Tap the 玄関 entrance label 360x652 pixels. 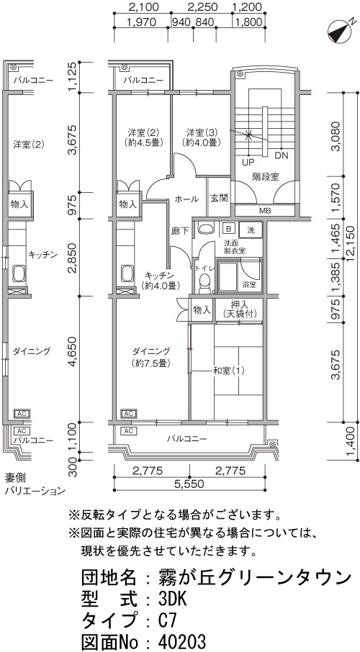218,199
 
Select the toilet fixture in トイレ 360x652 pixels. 204,281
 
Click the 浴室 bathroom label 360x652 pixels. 249,285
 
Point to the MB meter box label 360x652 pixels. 265,211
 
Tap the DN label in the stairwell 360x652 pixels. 282,155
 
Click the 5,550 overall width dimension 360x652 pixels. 189,484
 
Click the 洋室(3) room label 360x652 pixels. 202,133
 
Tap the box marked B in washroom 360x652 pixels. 228,228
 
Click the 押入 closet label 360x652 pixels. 239,304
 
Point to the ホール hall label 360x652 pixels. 186,199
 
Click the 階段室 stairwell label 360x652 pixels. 266,177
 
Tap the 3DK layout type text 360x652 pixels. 171,599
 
